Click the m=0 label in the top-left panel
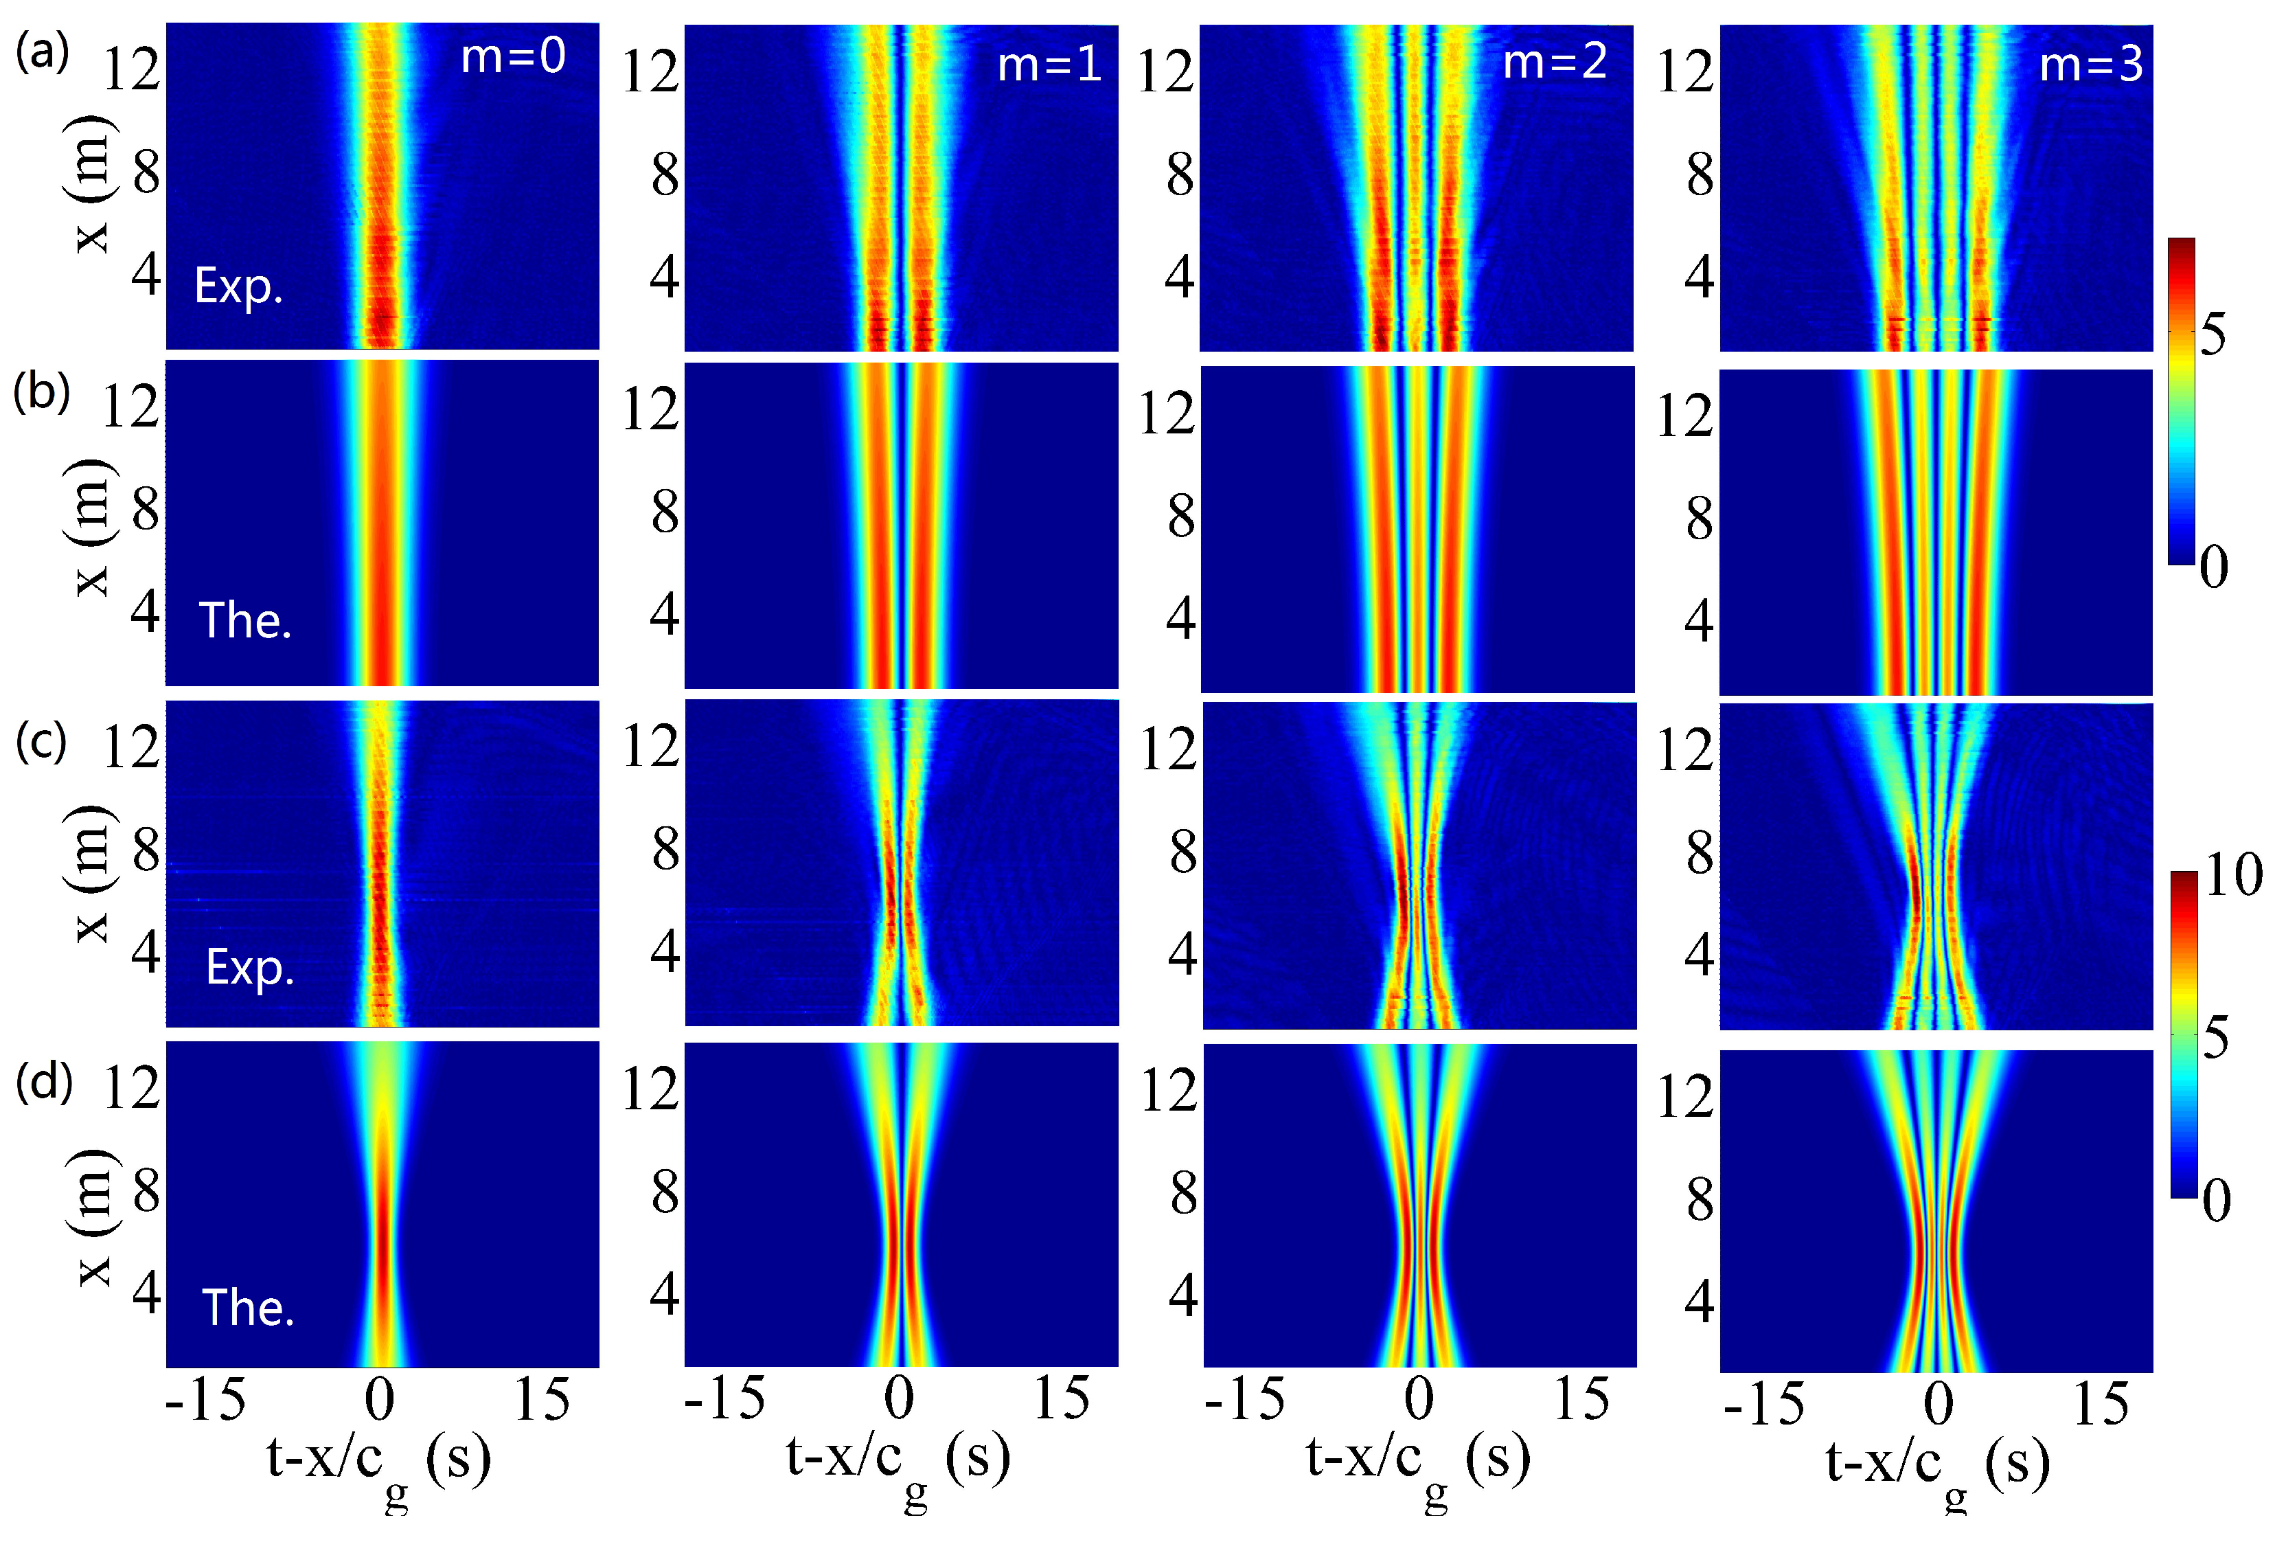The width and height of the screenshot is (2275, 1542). [x=513, y=56]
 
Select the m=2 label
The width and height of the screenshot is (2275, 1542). [x=1555, y=63]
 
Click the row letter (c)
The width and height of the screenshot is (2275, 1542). [x=41, y=740]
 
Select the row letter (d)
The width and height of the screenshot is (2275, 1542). [x=44, y=1082]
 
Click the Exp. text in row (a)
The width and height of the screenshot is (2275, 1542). [x=239, y=287]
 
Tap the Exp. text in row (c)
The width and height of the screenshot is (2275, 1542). [x=250, y=967]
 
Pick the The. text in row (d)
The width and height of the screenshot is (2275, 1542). [x=248, y=1308]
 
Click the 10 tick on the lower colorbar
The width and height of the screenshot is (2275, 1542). [x=2234, y=874]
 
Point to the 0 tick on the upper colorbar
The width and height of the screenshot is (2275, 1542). [x=2215, y=566]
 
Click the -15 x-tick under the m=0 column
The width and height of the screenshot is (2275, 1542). [x=205, y=1400]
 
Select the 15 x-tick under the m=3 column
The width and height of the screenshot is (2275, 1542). [x=2101, y=1405]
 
